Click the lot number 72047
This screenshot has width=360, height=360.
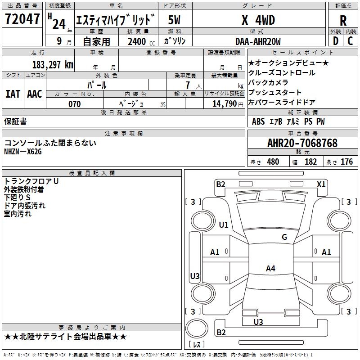point(22,19)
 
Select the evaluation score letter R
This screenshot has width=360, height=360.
point(343,21)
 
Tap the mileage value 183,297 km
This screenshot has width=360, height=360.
point(52,64)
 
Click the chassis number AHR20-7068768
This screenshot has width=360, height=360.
point(302,143)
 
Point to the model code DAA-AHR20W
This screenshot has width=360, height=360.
point(258,41)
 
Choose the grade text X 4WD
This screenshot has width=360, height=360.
point(258,20)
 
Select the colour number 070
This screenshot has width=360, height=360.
point(74,104)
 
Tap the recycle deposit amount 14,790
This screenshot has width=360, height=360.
point(224,104)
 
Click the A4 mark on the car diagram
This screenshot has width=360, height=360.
point(270,269)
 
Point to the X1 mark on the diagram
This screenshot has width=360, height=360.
point(321,184)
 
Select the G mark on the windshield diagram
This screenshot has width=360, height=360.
point(284,237)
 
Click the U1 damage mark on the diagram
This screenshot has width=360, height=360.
point(223,225)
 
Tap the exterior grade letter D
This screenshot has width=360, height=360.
point(335,41)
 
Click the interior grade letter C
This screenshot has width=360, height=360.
point(351,41)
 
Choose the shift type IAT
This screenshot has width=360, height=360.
point(13,94)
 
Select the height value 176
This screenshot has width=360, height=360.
point(346,162)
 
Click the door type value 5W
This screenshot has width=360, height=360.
point(175,20)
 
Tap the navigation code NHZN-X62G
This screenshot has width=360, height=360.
point(23,152)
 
